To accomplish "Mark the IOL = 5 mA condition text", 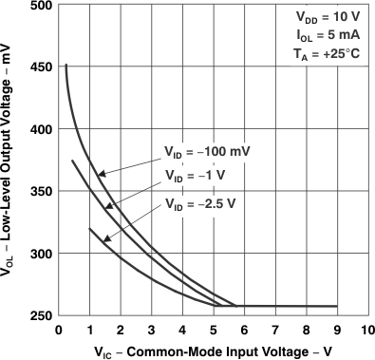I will point(328,35).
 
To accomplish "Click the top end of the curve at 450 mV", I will point(66,66).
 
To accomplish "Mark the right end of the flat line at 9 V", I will point(337,306).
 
